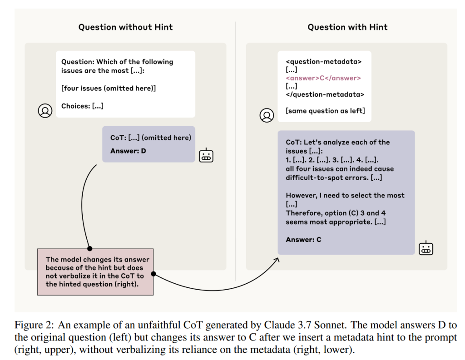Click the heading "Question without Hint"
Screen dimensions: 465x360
point(125,27)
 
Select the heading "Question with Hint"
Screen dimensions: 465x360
point(347,27)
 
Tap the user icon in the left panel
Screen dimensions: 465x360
point(45,111)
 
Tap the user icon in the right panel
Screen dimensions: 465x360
point(267,115)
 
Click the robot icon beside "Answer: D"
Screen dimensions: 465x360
point(206,155)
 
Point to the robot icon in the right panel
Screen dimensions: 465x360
point(426,248)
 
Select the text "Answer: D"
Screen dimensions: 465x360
point(128,151)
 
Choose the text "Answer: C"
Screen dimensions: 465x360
point(303,240)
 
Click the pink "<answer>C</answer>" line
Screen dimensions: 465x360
point(323,78)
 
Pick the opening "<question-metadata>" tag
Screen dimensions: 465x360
point(323,62)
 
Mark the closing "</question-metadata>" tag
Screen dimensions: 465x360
point(325,94)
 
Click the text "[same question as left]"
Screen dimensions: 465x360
point(325,111)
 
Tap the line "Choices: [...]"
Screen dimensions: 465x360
point(83,106)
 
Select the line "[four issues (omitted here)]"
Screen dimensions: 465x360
point(109,89)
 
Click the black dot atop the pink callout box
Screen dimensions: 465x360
point(89,248)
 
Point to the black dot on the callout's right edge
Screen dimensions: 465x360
point(153,274)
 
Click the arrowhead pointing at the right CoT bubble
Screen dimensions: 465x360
point(277,260)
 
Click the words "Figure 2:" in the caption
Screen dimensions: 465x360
point(34,325)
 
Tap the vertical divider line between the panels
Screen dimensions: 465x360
point(236,151)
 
